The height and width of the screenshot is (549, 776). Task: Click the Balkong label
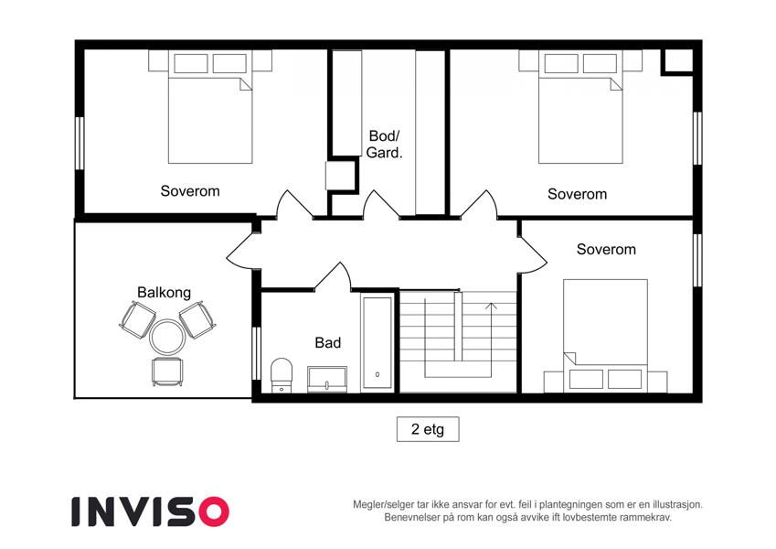click(x=164, y=292)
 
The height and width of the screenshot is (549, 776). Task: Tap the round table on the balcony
click(x=167, y=337)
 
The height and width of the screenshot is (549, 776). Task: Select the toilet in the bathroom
click(x=282, y=375)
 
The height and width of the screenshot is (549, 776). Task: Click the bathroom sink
click(x=326, y=380)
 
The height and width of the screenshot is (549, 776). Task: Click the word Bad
click(x=327, y=342)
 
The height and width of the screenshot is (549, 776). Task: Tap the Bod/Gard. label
click(x=384, y=144)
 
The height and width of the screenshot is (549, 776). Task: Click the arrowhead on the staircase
click(x=491, y=306)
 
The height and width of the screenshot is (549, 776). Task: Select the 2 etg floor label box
click(x=428, y=429)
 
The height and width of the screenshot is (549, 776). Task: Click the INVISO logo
click(x=151, y=511)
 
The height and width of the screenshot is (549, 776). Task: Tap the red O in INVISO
click(x=214, y=511)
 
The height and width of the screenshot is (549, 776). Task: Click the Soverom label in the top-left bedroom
click(x=190, y=190)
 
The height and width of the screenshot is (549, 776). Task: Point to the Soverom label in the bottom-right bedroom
click(x=606, y=249)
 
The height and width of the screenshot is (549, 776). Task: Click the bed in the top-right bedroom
click(x=580, y=118)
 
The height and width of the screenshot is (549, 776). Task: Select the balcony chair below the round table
click(x=167, y=371)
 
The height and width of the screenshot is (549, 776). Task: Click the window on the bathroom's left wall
click(x=256, y=353)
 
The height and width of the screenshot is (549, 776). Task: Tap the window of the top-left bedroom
click(x=80, y=143)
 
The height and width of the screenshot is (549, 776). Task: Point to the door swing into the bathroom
click(x=332, y=276)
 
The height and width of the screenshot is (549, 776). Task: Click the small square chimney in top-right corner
click(x=677, y=61)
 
